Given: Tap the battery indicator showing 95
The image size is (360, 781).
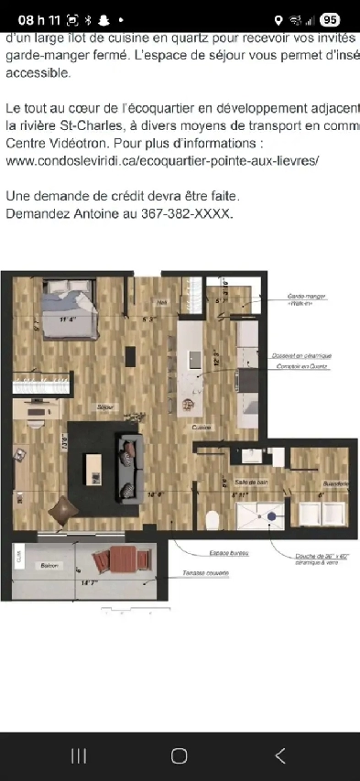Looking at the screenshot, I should tap(330, 19).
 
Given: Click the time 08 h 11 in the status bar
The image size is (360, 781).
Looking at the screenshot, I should tap(38, 19).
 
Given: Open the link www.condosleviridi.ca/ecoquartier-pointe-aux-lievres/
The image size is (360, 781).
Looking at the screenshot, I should tap(162, 159).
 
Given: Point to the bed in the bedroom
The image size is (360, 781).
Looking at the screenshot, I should tap(68, 308).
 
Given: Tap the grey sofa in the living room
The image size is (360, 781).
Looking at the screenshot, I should tap(127, 464).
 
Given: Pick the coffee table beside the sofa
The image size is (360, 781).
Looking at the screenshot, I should tap(93, 469).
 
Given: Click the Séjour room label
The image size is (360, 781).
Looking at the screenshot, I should tap(106, 406).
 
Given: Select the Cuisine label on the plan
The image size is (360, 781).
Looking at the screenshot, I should tap(203, 428).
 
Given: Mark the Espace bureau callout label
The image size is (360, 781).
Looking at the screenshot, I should tap(229, 553).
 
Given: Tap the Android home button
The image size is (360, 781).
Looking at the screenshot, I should tap(180, 754).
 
